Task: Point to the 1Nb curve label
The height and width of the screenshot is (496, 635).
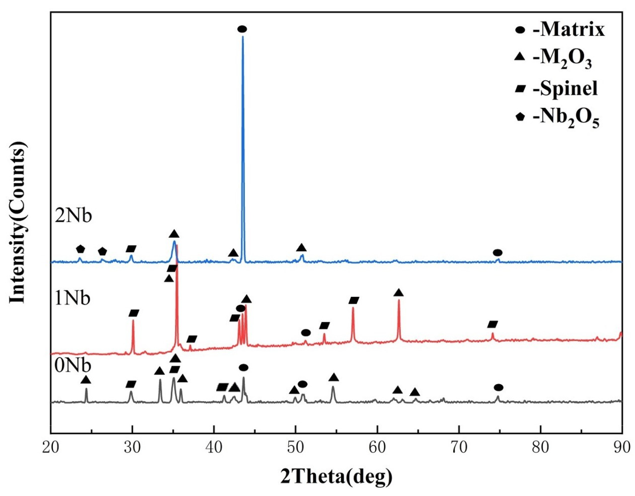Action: click(73, 299)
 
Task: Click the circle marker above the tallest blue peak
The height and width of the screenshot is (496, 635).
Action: click(242, 29)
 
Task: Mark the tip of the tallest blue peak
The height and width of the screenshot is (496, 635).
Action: click(243, 37)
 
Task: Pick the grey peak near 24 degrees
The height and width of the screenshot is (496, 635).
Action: click(86, 389)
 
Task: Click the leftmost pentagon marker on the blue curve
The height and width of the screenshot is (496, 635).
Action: click(81, 249)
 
